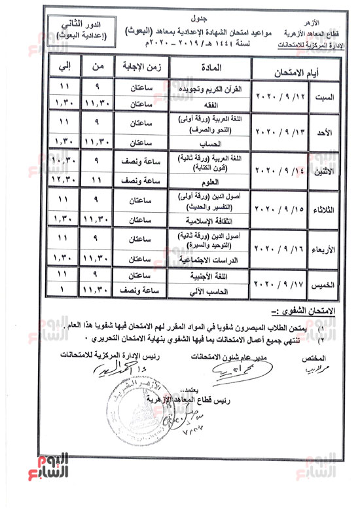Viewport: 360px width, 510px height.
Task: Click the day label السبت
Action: (325, 97)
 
